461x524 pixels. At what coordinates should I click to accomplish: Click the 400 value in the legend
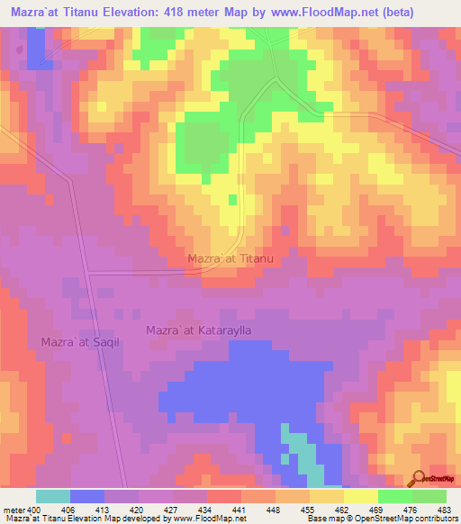pyautogui.click(x=34, y=509)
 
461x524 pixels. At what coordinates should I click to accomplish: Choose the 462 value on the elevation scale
pyautogui.click(x=342, y=509)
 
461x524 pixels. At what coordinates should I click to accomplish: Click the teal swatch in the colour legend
pyautogui.click(x=53, y=496)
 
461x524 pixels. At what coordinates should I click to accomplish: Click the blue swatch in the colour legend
pyautogui.click(x=87, y=496)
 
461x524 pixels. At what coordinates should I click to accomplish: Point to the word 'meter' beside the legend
pyautogui.click(x=14, y=509)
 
